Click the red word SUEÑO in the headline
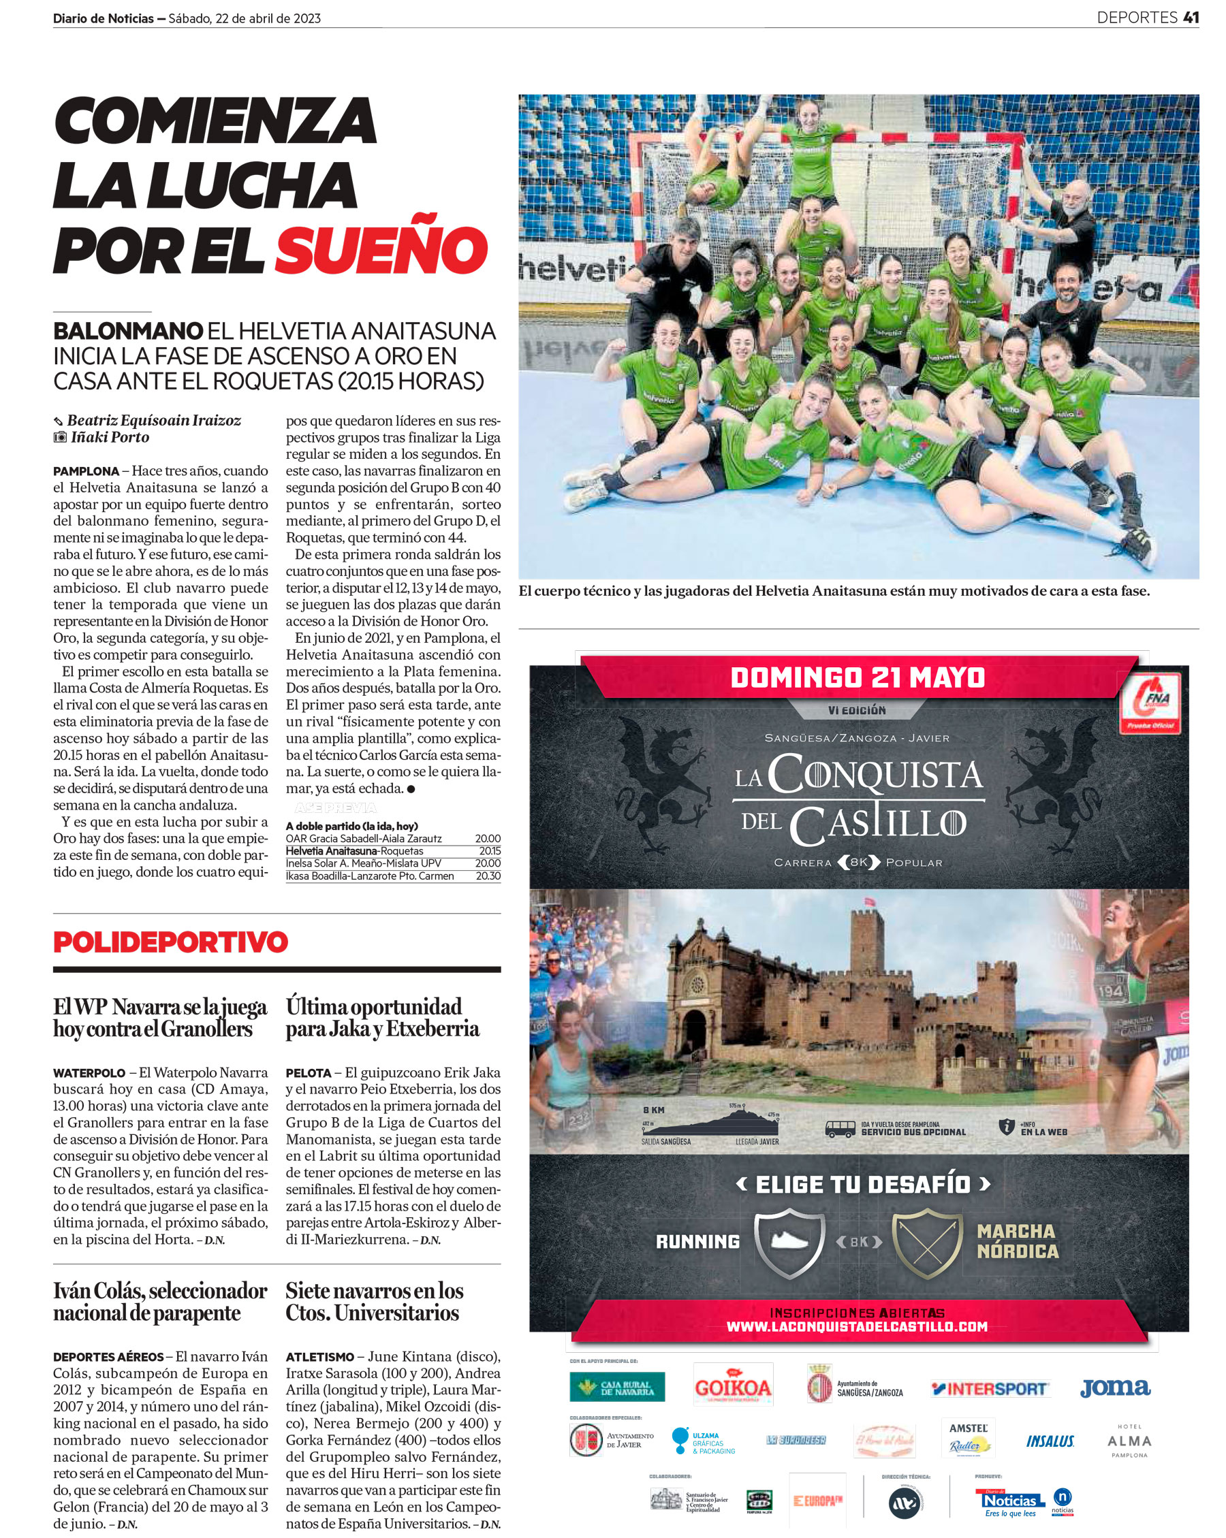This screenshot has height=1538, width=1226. (x=381, y=250)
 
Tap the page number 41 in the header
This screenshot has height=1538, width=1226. (x=1191, y=18)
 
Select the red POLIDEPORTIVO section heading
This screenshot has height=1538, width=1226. (x=170, y=942)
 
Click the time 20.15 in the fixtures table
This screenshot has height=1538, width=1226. (x=490, y=851)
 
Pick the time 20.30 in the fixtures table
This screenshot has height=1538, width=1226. (x=488, y=876)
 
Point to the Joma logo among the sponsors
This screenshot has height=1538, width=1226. (x=1115, y=1388)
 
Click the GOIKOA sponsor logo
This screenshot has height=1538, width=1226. (x=733, y=1388)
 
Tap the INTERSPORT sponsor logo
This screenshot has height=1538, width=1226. (x=990, y=1388)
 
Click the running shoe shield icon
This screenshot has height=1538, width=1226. (x=789, y=1242)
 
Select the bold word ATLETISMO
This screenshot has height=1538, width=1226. (x=319, y=1357)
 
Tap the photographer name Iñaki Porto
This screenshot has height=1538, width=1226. (x=109, y=437)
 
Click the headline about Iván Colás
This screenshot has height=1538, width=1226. (x=160, y=1302)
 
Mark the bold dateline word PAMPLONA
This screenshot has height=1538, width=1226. (x=86, y=471)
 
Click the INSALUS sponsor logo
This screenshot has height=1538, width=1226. (x=1050, y=1441)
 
